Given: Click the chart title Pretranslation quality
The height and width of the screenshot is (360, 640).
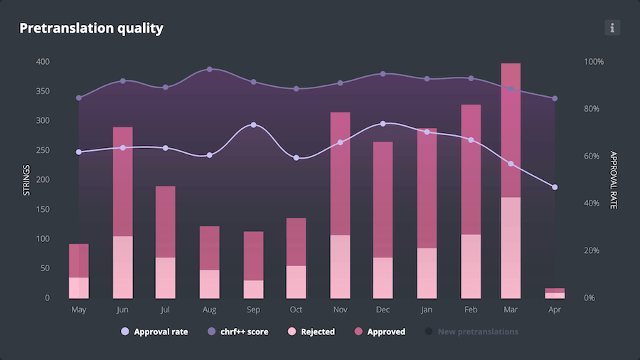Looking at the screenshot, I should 91,28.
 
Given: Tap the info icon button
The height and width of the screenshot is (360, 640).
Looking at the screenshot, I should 612,28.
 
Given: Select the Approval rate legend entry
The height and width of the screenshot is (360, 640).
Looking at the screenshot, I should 154,332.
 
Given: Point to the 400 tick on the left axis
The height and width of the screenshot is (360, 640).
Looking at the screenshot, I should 43,62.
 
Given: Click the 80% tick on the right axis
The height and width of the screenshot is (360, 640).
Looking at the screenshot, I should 594,109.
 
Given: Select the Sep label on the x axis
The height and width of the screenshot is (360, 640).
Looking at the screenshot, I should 254,310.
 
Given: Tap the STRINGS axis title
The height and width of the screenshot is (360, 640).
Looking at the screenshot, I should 27,179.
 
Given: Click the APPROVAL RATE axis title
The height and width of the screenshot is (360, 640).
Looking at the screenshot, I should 613,179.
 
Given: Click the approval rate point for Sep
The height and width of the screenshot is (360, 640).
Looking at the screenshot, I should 254,125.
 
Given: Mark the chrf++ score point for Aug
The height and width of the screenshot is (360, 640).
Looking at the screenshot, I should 210,70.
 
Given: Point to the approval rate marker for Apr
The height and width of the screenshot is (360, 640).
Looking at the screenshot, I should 555,187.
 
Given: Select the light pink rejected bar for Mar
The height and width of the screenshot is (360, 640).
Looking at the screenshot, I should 511,247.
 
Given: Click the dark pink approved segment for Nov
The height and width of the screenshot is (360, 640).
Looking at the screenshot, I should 341,173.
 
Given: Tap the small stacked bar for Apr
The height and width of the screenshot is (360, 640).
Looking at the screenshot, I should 555,293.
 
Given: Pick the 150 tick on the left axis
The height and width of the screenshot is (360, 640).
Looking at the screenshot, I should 43,209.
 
